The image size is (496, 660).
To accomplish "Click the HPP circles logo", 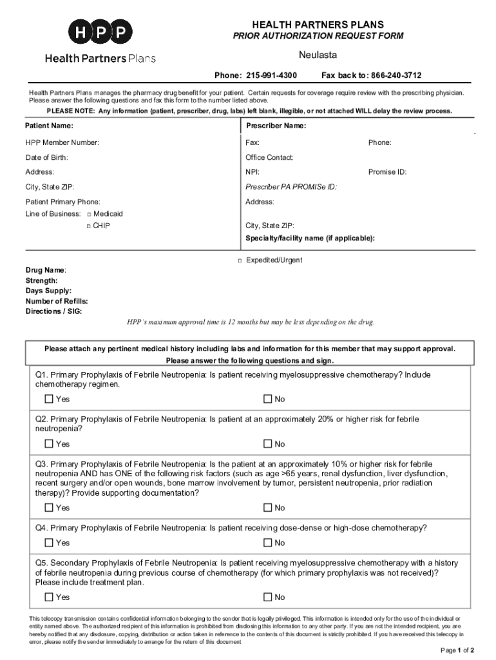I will [x=100, y=32].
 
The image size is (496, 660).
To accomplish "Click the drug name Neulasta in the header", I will [x=318, y=55].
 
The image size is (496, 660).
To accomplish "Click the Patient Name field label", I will [x=49, y=126].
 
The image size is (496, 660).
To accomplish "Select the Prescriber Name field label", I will [x=276, y=126].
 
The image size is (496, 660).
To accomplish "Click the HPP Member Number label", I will [x=62, y=142].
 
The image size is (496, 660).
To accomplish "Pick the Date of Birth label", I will [x=46, y=157].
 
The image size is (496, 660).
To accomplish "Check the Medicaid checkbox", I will [x=89, y=213].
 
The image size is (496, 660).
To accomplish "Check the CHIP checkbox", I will [x=89, y=226].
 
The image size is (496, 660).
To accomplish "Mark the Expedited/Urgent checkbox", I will [x=239, y=260].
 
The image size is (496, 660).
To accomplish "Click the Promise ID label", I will [x=387, y=172].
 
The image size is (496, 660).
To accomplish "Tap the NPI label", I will [x=252, y=172].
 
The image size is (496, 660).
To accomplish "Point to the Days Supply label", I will [x=48, y=291].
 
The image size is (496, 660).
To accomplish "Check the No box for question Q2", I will [x=269, y=443].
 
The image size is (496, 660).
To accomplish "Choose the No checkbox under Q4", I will [x=269, y=543].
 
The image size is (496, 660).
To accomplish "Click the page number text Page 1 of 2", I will [x=457, y=649].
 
